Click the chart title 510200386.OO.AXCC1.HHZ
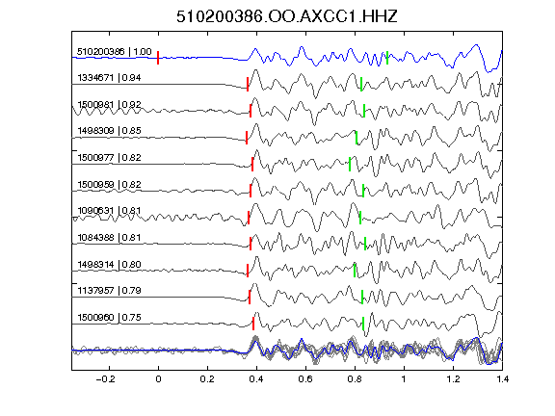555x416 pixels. point(287,16)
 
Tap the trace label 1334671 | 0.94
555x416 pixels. point(109,77)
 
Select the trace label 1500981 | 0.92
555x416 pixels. point(109,104)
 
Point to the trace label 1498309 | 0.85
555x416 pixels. point(109,131)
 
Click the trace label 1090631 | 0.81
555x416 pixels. point(109,211)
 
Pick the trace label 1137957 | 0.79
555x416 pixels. point(109,291)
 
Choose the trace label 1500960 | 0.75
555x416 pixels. point(109,318)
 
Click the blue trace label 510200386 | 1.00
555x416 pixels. point(115,52)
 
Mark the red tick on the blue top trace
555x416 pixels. point(158,58)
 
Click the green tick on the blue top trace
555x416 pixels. point(387,58)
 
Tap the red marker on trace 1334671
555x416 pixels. point(248,84)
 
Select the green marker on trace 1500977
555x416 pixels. point(350,164)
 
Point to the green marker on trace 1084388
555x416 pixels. point(365,244)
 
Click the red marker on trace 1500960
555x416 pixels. point(253,324)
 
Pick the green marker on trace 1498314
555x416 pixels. point(355,271)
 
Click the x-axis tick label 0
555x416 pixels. point(158,379)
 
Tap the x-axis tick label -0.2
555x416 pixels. point(106,379)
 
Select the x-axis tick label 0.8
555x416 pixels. point(355,379)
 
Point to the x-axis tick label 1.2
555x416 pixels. point(453,379)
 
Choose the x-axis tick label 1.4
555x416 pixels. point(502,379)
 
